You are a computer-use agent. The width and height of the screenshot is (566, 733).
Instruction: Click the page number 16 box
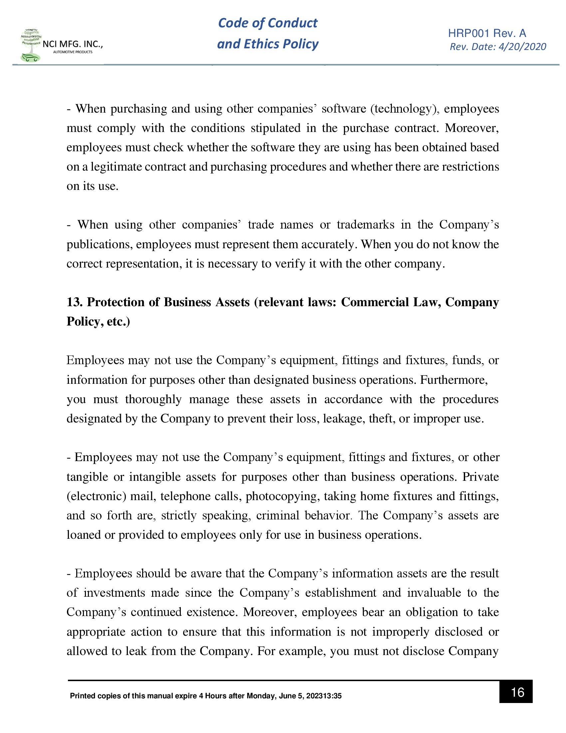(x=515, y=692)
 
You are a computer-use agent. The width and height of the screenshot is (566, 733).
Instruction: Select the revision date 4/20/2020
(x=522, y=47)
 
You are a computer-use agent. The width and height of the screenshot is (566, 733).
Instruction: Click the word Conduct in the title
(x=292, y=23)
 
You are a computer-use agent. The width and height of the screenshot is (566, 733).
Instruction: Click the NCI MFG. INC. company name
(x=73, y=44)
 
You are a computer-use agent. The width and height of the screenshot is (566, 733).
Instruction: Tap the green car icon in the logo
(x=30, y=58)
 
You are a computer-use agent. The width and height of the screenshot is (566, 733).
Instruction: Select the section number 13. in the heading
(x=75, y=302)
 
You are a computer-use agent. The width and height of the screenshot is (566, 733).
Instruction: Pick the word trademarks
(x=366, y=225)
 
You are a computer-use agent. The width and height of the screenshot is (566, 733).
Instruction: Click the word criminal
(x=278, y=515)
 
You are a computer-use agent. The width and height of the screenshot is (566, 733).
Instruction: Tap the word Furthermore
(x=454, y=379)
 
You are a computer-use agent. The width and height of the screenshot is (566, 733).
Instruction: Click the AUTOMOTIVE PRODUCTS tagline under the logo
(x=73, y=52)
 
